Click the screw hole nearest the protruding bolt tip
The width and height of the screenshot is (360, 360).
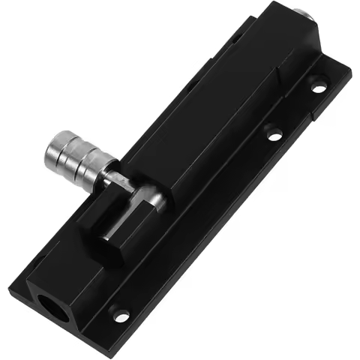[319, 88]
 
